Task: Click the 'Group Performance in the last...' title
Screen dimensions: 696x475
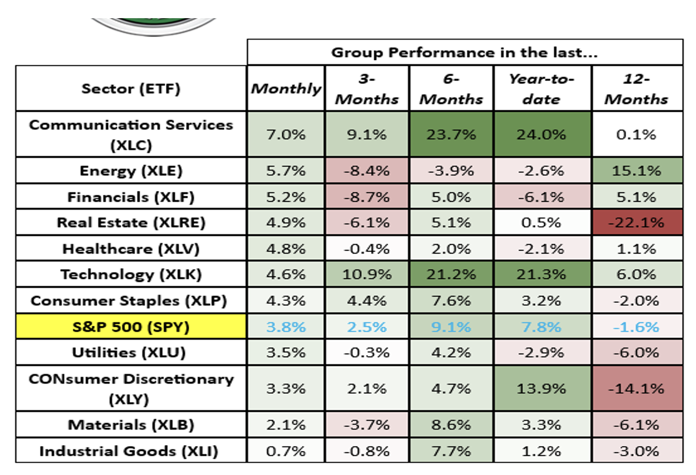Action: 465,52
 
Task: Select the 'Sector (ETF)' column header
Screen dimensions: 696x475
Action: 131,89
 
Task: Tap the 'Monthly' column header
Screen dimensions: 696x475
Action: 286,89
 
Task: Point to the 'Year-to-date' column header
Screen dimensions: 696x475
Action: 542,89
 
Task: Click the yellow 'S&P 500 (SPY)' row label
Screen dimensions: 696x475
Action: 131,327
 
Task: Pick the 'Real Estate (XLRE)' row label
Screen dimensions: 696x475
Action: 131,223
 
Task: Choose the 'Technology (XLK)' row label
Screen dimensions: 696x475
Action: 131,274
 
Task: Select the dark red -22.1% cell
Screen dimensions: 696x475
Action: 637,223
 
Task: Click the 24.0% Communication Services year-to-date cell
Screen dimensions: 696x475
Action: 542,134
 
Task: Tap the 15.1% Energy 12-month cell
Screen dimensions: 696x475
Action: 637,171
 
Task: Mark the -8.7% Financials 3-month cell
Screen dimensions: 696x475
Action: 367,197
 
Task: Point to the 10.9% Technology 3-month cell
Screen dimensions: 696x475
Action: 367,274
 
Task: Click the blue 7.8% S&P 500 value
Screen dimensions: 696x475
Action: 542,327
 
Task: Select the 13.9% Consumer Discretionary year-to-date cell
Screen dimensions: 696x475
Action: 542,388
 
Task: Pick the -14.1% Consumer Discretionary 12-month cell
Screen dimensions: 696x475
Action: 637,388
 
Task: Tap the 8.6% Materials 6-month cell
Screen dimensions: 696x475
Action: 451,425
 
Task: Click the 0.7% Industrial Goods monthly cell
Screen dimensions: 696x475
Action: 286,451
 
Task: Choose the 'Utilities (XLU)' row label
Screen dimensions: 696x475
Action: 129,353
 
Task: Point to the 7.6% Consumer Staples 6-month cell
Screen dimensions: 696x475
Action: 451,301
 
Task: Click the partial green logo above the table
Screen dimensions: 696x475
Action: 154,26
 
